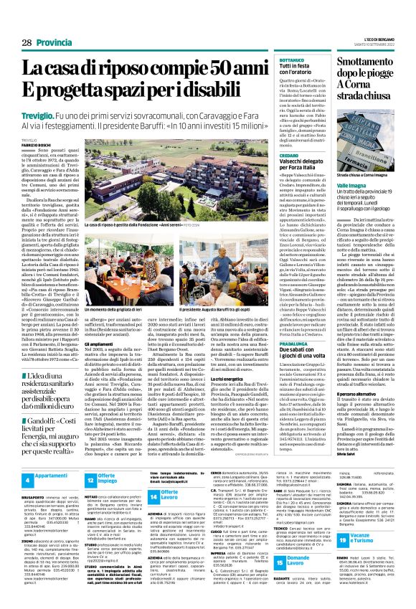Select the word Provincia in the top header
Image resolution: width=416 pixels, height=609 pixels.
(55, 44)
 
